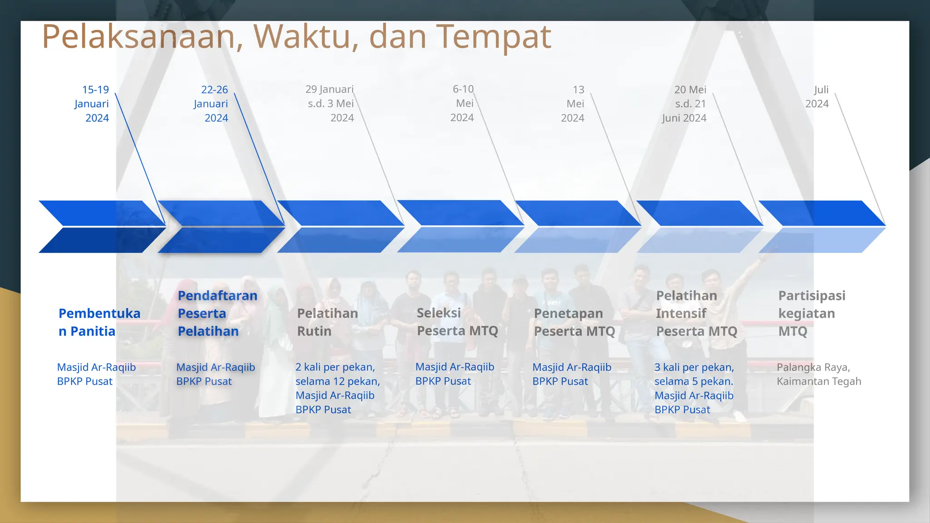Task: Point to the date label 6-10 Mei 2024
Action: pyautogui.click(x=463, y=104)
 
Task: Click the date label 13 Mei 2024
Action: pyautogui.click(x=573, y=104)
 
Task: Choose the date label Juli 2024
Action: pyautogui.click(x=817, y=97)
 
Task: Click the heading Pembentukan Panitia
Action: pyautogui.click(x=99, y=322)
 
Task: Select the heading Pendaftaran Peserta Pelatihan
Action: pyautogui.click(x=217, y=313)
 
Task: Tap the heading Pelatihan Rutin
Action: pyautogui.click(x=327, y=322)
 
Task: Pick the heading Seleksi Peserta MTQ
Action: pyautogui.click(x=457, y=321)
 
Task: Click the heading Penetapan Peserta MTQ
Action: pyautogui.click(x=574, y=322)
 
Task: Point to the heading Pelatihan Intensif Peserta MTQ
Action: pyautogui.click(x=696, y=313)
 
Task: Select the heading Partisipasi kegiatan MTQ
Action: pyautogui.click(x=811, y=313)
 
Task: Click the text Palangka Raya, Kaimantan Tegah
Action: pyautogui.click(x=818, y=374)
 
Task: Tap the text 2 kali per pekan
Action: pyautogui.click(x=335, y=367)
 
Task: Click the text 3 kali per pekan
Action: pyautogui.click(x=694, y=367)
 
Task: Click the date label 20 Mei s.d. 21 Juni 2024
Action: pyautogui.click(x=684, y=104)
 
